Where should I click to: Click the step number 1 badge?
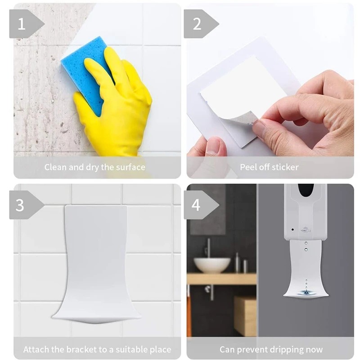coord(22,23)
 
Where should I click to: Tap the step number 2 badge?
coord(197,23)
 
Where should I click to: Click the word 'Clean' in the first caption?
coord(55,167)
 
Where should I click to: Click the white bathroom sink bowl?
coord(212,265)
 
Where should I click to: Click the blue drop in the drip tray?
coord(306,293)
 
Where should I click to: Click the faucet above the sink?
coord(208,247)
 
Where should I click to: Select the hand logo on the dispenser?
coord(306,229)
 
